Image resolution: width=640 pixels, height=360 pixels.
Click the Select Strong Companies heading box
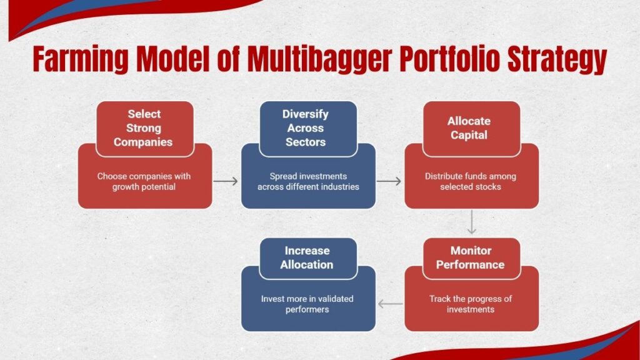coord(144,128)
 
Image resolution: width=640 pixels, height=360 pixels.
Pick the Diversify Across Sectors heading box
coord(307,128)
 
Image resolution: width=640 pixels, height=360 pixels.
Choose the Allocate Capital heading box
coord(471,128)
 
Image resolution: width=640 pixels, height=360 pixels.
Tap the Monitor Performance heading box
coord(471,257)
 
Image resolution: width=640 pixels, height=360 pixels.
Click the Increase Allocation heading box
coord(307,257)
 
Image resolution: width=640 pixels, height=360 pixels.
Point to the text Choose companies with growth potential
coord(144,181)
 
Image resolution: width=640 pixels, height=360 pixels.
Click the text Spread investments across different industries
coord(307,181)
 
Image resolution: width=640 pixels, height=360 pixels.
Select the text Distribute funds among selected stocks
coord(471,181)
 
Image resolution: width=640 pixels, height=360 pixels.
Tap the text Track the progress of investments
coord(471,304)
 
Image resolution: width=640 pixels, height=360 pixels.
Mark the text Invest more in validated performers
coord(307,304)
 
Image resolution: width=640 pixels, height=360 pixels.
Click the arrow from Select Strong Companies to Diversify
coord(226,181)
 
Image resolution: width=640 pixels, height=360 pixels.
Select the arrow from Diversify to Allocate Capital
coord(389,181)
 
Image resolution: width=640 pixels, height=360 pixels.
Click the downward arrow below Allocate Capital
coord(472,222)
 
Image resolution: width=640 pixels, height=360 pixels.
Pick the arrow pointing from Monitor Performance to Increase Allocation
coord(391,304)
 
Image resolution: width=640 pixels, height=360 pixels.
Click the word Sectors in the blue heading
coord(306,142)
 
